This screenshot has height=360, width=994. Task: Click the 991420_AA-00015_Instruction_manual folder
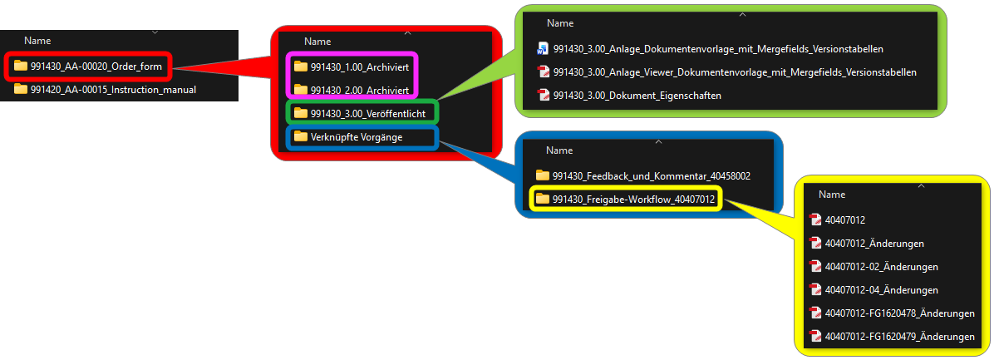[106, 89]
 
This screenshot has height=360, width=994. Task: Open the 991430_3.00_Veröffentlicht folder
[365, 113]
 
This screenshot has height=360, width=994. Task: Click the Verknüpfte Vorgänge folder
[348, 137]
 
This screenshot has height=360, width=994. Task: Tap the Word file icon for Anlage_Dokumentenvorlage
[543, 49]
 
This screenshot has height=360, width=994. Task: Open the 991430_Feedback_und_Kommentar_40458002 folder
[643, 175]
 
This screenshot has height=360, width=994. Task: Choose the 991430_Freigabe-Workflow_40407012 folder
[626, 200]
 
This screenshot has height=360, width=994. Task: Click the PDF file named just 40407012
[838, 220]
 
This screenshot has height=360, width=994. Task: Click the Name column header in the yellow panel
[832, 195]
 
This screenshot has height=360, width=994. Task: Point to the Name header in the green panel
[560, 23]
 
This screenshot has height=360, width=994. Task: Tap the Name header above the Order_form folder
[37, 41]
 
